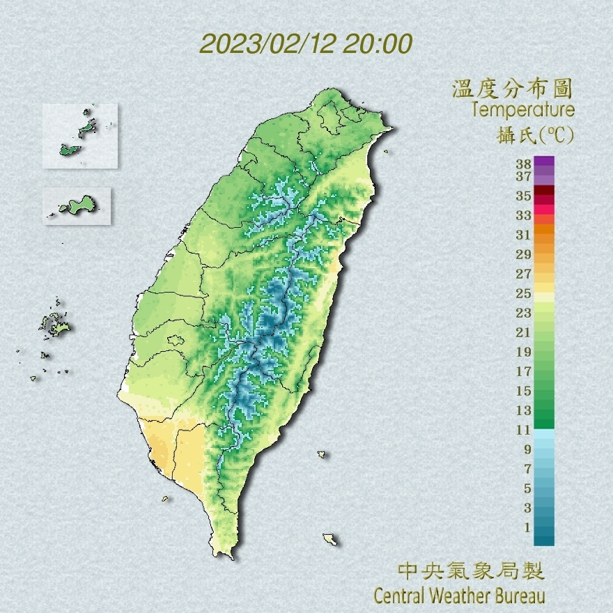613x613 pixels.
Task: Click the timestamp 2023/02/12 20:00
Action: [x=306, y=44]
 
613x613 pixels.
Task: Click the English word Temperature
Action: [x=522, y=110]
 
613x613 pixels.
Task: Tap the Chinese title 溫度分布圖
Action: [x=513, y=89]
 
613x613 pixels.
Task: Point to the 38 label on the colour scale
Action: [x=524, y=164]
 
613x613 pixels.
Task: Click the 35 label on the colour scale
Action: [x=524, y=196]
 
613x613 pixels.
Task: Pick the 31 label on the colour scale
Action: [x=524, y=235]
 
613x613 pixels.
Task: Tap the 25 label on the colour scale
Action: [x=524, y=293]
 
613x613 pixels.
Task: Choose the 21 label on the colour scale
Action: [x=524, y=332]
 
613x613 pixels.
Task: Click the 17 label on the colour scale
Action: [x=524, y=371]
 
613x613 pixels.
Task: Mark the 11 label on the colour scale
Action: [x=524, y=430]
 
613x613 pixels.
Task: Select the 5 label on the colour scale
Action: [x=527, y=488]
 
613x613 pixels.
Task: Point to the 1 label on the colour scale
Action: [x=527, y=527]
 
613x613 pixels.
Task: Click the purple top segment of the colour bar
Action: [x=544, y=162]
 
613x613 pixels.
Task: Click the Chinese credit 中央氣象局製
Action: [x=471, y=572]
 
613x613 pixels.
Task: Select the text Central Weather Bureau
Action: [x=459, y=596]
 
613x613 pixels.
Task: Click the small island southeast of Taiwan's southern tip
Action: [x=330, y=539]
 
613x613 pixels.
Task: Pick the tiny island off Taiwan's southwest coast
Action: [x=165, y=498]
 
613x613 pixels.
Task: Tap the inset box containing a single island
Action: [x=77, y=205]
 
